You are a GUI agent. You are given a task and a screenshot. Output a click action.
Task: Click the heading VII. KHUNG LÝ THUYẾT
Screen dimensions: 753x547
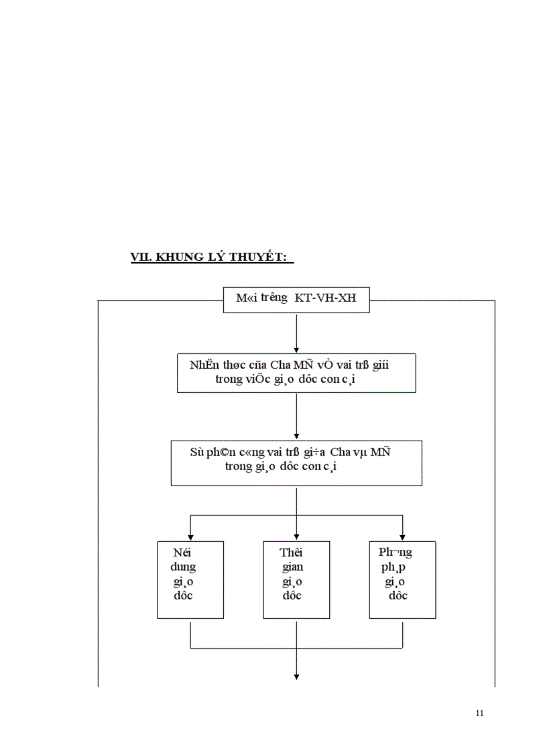pyautogui.click(x=212, y=257)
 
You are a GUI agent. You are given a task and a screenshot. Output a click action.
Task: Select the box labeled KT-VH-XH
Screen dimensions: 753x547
pyautogui.click(x=296, y=300)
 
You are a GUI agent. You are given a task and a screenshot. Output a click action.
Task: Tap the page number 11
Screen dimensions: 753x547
pyautogui.click(x=479, y=713)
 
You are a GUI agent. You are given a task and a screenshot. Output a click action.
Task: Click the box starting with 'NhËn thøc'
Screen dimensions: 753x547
pyautogui.click(x=296, y=373)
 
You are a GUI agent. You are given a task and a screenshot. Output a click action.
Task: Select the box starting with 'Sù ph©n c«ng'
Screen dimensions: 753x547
pyautogui.click(x=296, y=463)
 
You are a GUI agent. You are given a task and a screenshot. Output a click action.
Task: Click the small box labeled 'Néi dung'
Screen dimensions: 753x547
pyautogui.click(x=190, y=579)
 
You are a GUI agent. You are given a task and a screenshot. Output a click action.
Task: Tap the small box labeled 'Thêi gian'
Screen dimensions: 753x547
pyautogui.click(x=296, y=579)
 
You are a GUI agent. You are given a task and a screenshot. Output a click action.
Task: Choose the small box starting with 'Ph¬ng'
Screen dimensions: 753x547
pyautogui.click(x=402, y=579)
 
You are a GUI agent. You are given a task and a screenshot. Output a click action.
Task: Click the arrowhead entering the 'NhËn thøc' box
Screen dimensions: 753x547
pyautogui.click(x=296, y=349)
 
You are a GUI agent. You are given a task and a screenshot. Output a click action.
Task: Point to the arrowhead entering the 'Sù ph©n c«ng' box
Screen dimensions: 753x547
pyautogui.click(x=296, y=437)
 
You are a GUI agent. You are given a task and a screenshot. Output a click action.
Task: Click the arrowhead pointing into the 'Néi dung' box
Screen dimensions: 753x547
pyautogui.click(x=190, y=536)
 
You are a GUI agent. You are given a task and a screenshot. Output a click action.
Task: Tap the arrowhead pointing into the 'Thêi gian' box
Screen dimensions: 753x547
pyautogui.click(x=296, y=536)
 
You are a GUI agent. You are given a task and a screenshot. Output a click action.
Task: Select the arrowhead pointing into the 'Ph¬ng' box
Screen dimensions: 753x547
pyautogui.click(x=402, y=536)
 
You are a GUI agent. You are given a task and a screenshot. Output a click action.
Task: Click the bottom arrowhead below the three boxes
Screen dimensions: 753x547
pyautogui.click(x=296, y=677)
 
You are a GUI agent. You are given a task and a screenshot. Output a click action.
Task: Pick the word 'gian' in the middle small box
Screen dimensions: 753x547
pyautogui.click(x=292, y=567)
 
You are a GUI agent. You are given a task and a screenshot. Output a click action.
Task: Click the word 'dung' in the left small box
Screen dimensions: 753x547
pyautogui.click(x=183, y=567)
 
